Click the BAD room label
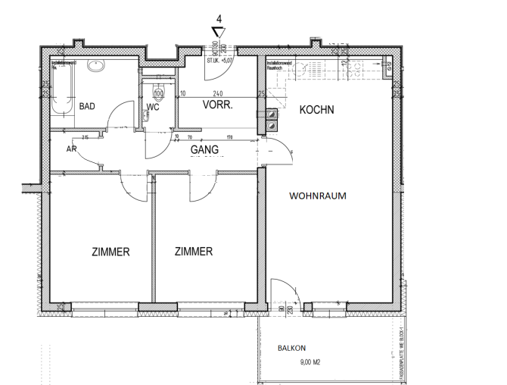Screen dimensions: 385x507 point(87,106)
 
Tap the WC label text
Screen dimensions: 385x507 point(154,107)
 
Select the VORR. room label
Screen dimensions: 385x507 point(217,106)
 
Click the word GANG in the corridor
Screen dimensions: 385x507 point(204,150)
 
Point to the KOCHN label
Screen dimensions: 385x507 point(316,110)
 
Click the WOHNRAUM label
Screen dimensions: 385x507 point(318,196)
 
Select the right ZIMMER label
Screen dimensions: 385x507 point(193,252)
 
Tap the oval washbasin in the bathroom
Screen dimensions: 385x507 point(95,66)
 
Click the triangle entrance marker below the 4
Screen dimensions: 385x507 point(219,32)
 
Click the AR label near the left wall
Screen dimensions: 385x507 point(72,150)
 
